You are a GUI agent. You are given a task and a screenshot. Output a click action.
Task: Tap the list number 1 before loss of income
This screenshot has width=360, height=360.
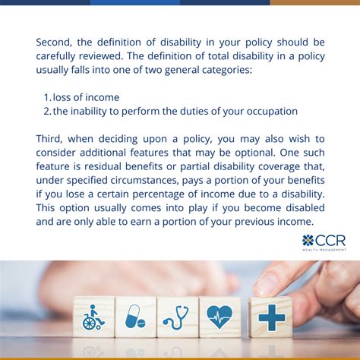[46, 97]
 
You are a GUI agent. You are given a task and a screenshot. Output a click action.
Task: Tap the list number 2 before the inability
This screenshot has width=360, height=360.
[47, 111]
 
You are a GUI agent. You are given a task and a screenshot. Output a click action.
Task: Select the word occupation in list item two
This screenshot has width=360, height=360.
[267, 111]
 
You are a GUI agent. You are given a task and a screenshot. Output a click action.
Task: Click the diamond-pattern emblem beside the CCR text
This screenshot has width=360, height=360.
[308, 240]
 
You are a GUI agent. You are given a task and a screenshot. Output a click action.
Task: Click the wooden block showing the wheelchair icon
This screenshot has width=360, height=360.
[93, 317]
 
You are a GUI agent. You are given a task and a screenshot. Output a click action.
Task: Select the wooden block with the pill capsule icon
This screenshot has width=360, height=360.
[135, 317]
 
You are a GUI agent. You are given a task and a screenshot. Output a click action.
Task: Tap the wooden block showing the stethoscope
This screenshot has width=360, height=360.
[178, 317]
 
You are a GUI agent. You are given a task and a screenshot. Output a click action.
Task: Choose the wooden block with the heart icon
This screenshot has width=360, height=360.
[220, 317]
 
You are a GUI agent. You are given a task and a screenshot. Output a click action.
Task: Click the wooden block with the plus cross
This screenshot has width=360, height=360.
[270, 316]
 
